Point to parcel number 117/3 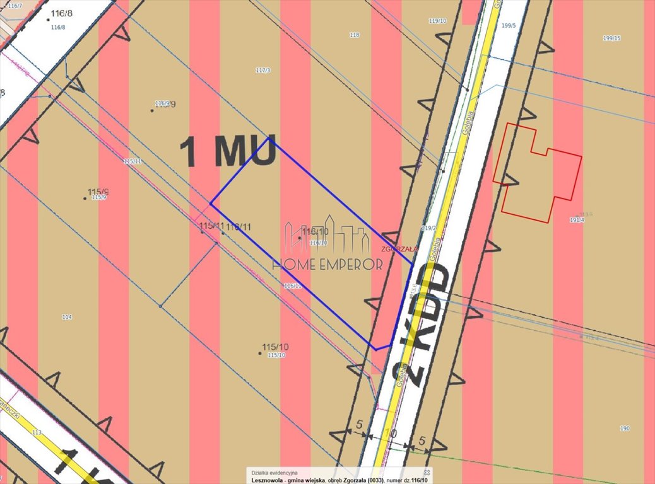click(x=263, y=71)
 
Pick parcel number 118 click(x=354, y=35)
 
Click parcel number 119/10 click(x=437, y=21)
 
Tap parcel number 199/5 click(x=509, y=26)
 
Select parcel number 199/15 click(x=611, y=38)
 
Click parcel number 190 click(x=624, y=429)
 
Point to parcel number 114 click(x=67, y=317)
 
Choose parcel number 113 click(x=36, y=433)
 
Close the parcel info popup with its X click(x=427, y=472)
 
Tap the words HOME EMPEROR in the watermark click(x=327, y=264)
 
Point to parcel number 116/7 click(x=11, y=6)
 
